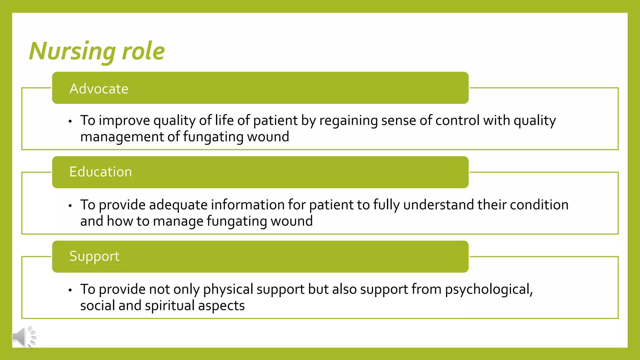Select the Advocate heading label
[99, 89]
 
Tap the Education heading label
[101, 172]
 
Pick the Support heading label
[94, 256]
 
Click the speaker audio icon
[24, 337]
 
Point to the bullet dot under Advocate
[70, 121]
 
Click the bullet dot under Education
[70, 206]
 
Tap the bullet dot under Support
[70, 290]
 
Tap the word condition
[539, 205]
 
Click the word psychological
[489, 289]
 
